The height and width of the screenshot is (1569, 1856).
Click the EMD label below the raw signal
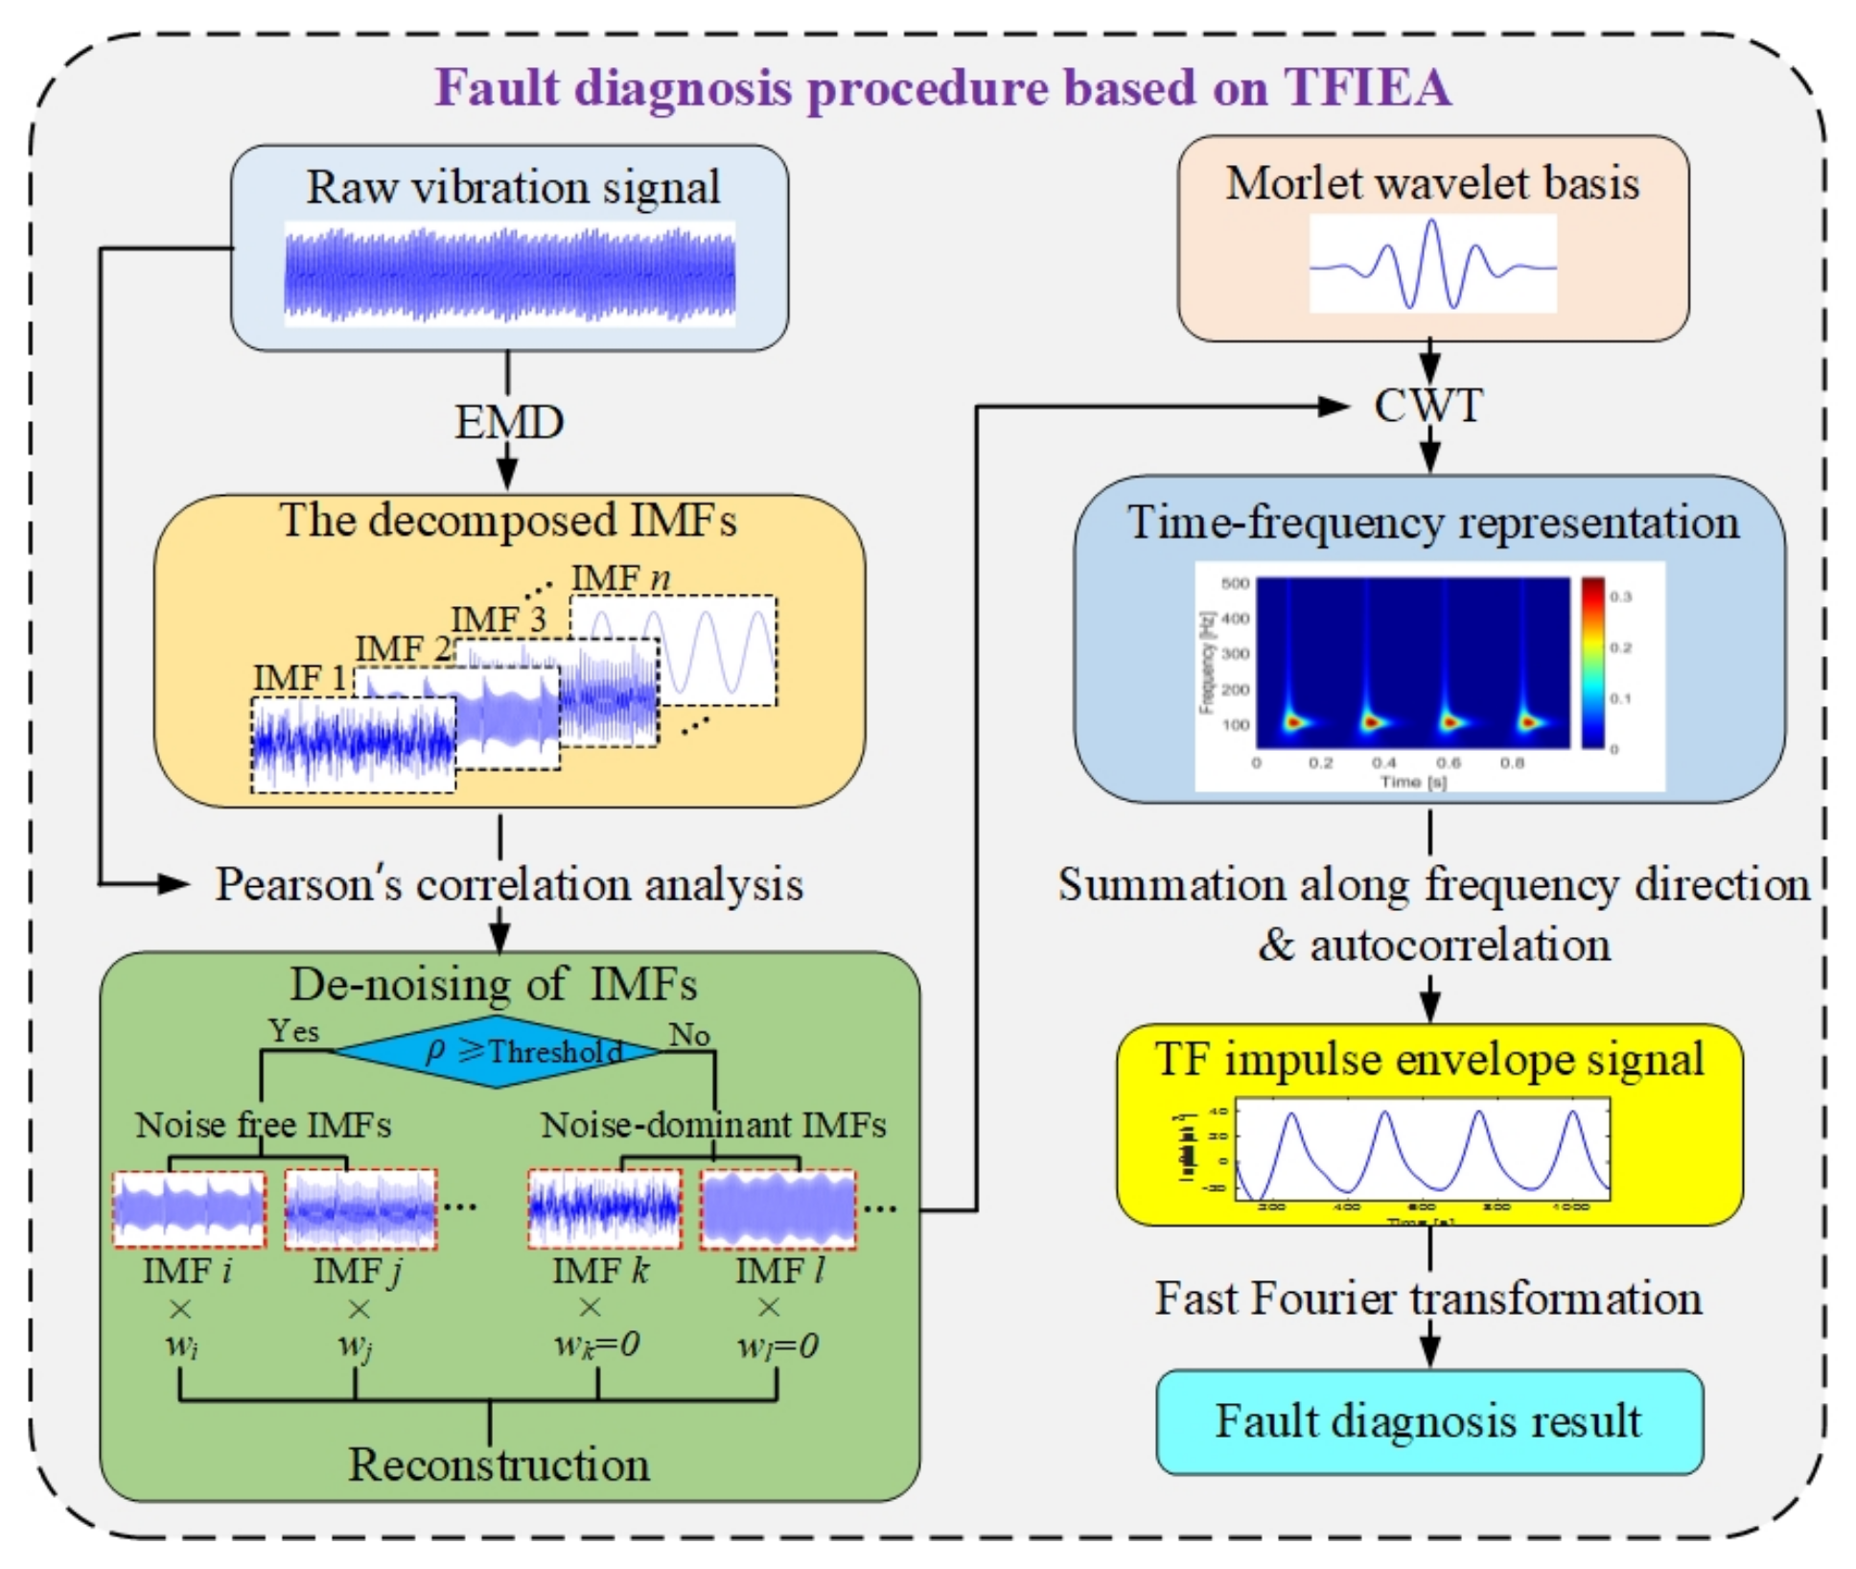[x=508, y=422]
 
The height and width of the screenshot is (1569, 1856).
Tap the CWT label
[x=1427, y=406]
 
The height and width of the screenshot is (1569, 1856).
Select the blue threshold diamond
[x=498, y=1052]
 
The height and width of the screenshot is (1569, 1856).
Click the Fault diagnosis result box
[x=1428, y=1421]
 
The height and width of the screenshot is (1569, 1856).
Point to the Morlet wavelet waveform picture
[x=1432, y=264]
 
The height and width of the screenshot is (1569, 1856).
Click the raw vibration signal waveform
[x=509, y=274]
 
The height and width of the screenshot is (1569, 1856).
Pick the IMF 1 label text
[x=299, y=678]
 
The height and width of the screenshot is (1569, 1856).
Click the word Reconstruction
[x=499, y=1464]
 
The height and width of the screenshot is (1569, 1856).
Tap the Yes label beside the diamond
[x=293, y=1031]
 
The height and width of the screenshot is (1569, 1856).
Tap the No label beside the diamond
[x=688, y=1035]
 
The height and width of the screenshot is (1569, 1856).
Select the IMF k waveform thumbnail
[x=604, y=1208]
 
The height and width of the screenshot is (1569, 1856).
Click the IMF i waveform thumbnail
[x=189, y=1208]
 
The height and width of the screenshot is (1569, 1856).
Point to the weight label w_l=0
[x=777, y=1346]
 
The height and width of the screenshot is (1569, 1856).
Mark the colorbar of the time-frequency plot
[x=1592, y=662]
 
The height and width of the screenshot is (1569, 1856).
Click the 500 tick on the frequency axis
[x=1235, y=583]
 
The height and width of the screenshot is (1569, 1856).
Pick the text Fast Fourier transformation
[x=1427, y=1299]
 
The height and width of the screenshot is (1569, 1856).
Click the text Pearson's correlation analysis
[x=508, y=884]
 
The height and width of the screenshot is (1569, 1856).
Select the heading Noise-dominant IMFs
[x=713, y=1124]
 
